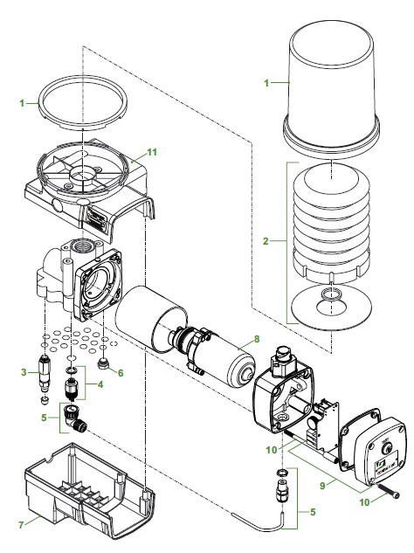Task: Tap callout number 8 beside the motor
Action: [x=255, y=338]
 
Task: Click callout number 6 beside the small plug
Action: [x=121, y=371]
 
